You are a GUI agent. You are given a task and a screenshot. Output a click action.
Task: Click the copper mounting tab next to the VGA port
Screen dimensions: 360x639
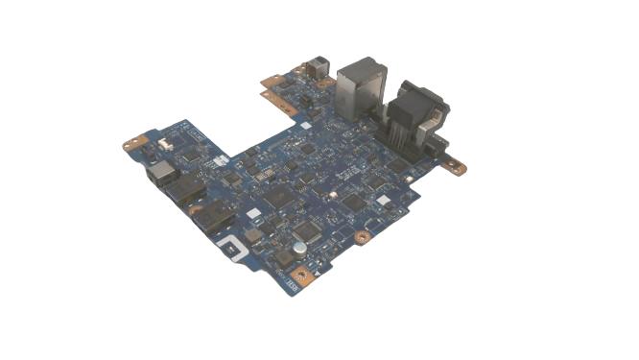pos(456,168)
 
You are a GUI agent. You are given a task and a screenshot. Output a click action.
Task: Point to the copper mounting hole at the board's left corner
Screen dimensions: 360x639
pos(131,145)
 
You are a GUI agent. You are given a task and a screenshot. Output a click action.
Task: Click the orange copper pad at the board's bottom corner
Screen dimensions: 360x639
pos(302,277)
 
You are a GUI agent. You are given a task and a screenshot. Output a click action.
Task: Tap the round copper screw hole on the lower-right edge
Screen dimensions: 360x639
pos(362,235)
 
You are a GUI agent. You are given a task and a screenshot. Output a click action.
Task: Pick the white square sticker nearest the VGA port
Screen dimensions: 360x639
pos(383,201)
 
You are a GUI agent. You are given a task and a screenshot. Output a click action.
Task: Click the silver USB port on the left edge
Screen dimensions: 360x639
pos(160,174)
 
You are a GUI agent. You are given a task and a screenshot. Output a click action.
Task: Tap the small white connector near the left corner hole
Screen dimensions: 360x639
pos(162,143)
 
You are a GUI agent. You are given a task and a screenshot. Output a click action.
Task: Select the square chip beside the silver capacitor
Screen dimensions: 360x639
pos(307,230)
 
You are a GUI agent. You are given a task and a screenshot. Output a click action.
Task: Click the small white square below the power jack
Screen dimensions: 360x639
pos(306,124)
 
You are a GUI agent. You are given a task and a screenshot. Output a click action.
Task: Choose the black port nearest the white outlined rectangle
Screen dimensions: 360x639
pos(217,220)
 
